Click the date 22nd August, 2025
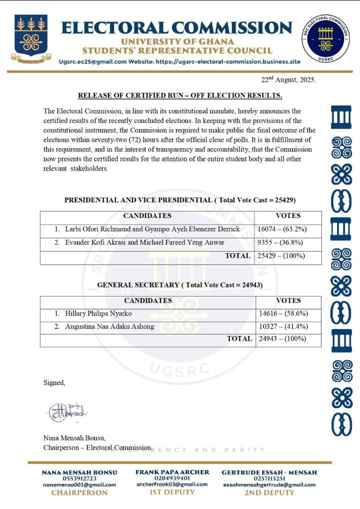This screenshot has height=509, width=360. pyautogui.click(x=288, y=79)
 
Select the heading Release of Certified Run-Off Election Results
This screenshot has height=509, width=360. pyautogui.click(x=180, y=95)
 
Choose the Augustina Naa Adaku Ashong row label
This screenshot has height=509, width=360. pyautogui.click(x=109, y=327)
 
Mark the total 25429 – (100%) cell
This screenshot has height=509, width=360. pyautogui.click(x=281, y=256)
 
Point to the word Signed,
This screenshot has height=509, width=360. pyautogui.click(x=54, y=383)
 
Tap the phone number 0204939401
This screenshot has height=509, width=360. pyautogui.click(x=172, y=478)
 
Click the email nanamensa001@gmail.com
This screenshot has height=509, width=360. pyautogui.click(x=79, y=484)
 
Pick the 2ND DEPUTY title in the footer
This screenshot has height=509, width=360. pyautogui.click(x=269, y=492)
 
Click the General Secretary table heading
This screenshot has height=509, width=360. pyautogui.click(x=180, y=285)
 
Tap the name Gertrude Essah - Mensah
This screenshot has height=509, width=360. pyautogui.click(x=269, y=472)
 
